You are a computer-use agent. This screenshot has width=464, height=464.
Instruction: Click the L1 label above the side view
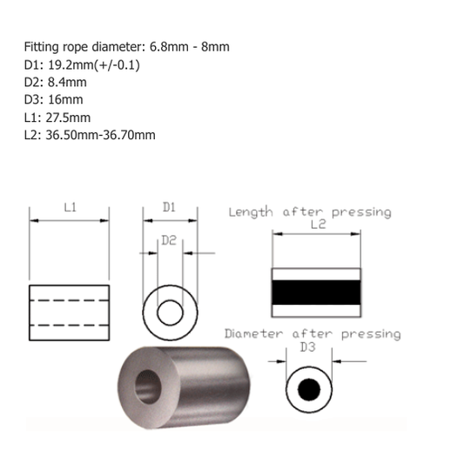(71, 208)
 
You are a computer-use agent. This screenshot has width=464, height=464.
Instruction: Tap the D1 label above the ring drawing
(170, 208)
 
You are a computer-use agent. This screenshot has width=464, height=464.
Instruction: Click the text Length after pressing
(309, 212)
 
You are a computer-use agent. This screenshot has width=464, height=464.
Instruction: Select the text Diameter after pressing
(313, 333)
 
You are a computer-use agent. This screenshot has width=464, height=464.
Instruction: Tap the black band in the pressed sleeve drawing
(316, 292)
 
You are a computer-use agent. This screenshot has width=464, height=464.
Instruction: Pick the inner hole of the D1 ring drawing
(170, 311)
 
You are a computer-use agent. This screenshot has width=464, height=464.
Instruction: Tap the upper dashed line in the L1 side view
(70, 300)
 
